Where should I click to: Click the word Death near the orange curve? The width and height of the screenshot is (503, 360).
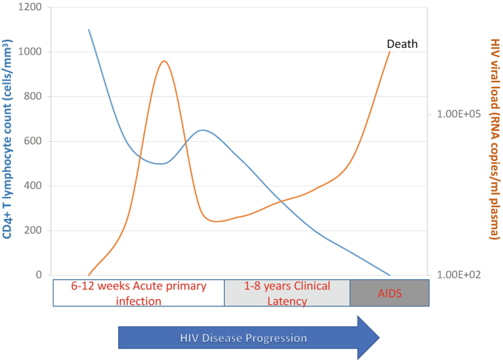402,44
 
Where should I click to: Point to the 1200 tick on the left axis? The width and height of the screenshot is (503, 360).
30,7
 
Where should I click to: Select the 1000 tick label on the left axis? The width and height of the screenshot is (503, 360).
30,51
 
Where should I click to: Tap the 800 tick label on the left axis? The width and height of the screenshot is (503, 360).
33,96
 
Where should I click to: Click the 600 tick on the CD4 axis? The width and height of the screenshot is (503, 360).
33,141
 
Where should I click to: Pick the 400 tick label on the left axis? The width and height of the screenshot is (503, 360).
33,185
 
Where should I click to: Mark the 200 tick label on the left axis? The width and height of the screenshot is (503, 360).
33,231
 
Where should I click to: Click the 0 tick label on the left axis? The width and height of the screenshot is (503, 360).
39,275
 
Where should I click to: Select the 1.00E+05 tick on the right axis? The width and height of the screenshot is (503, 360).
459,114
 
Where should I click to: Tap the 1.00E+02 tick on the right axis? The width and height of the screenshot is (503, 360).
459,275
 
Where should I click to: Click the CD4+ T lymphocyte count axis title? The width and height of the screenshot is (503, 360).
7,139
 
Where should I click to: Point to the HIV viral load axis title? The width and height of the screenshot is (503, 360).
495,139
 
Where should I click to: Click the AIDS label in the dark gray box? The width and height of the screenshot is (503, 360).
389,293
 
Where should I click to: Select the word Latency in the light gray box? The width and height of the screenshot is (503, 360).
287,301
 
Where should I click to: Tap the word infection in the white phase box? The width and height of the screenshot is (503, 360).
139,301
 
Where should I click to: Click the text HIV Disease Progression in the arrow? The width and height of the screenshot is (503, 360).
244,338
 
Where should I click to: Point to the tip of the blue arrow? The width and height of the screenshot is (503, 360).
380,337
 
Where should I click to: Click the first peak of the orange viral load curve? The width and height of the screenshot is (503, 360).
164,61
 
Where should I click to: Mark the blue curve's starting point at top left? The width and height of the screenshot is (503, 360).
89,29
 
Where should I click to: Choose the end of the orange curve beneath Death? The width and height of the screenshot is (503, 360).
390,51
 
